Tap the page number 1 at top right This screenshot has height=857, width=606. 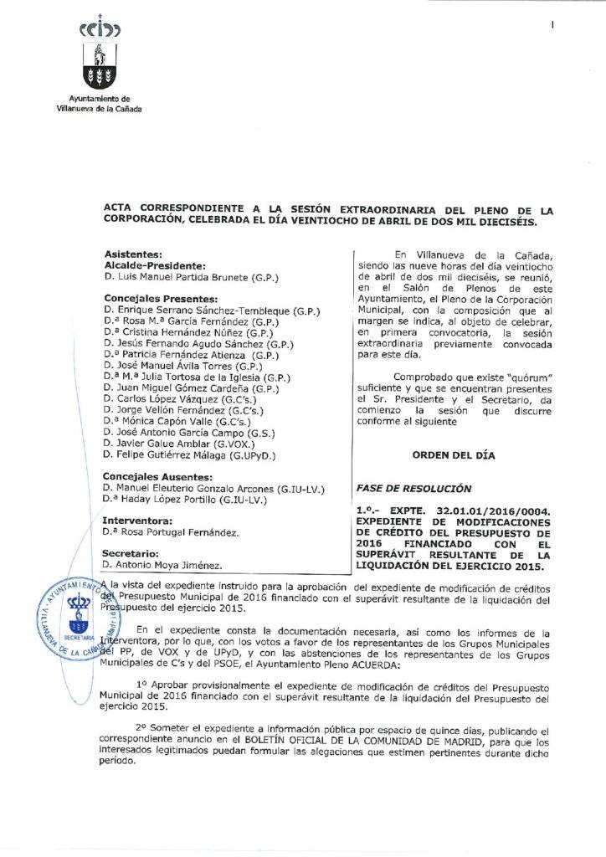(553, 26)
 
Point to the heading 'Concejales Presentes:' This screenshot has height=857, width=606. (161, 298)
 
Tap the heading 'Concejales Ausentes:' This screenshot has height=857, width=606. (157, 476)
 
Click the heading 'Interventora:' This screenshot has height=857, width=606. (137, 521)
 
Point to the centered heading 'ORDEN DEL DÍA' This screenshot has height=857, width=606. (454, 455)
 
